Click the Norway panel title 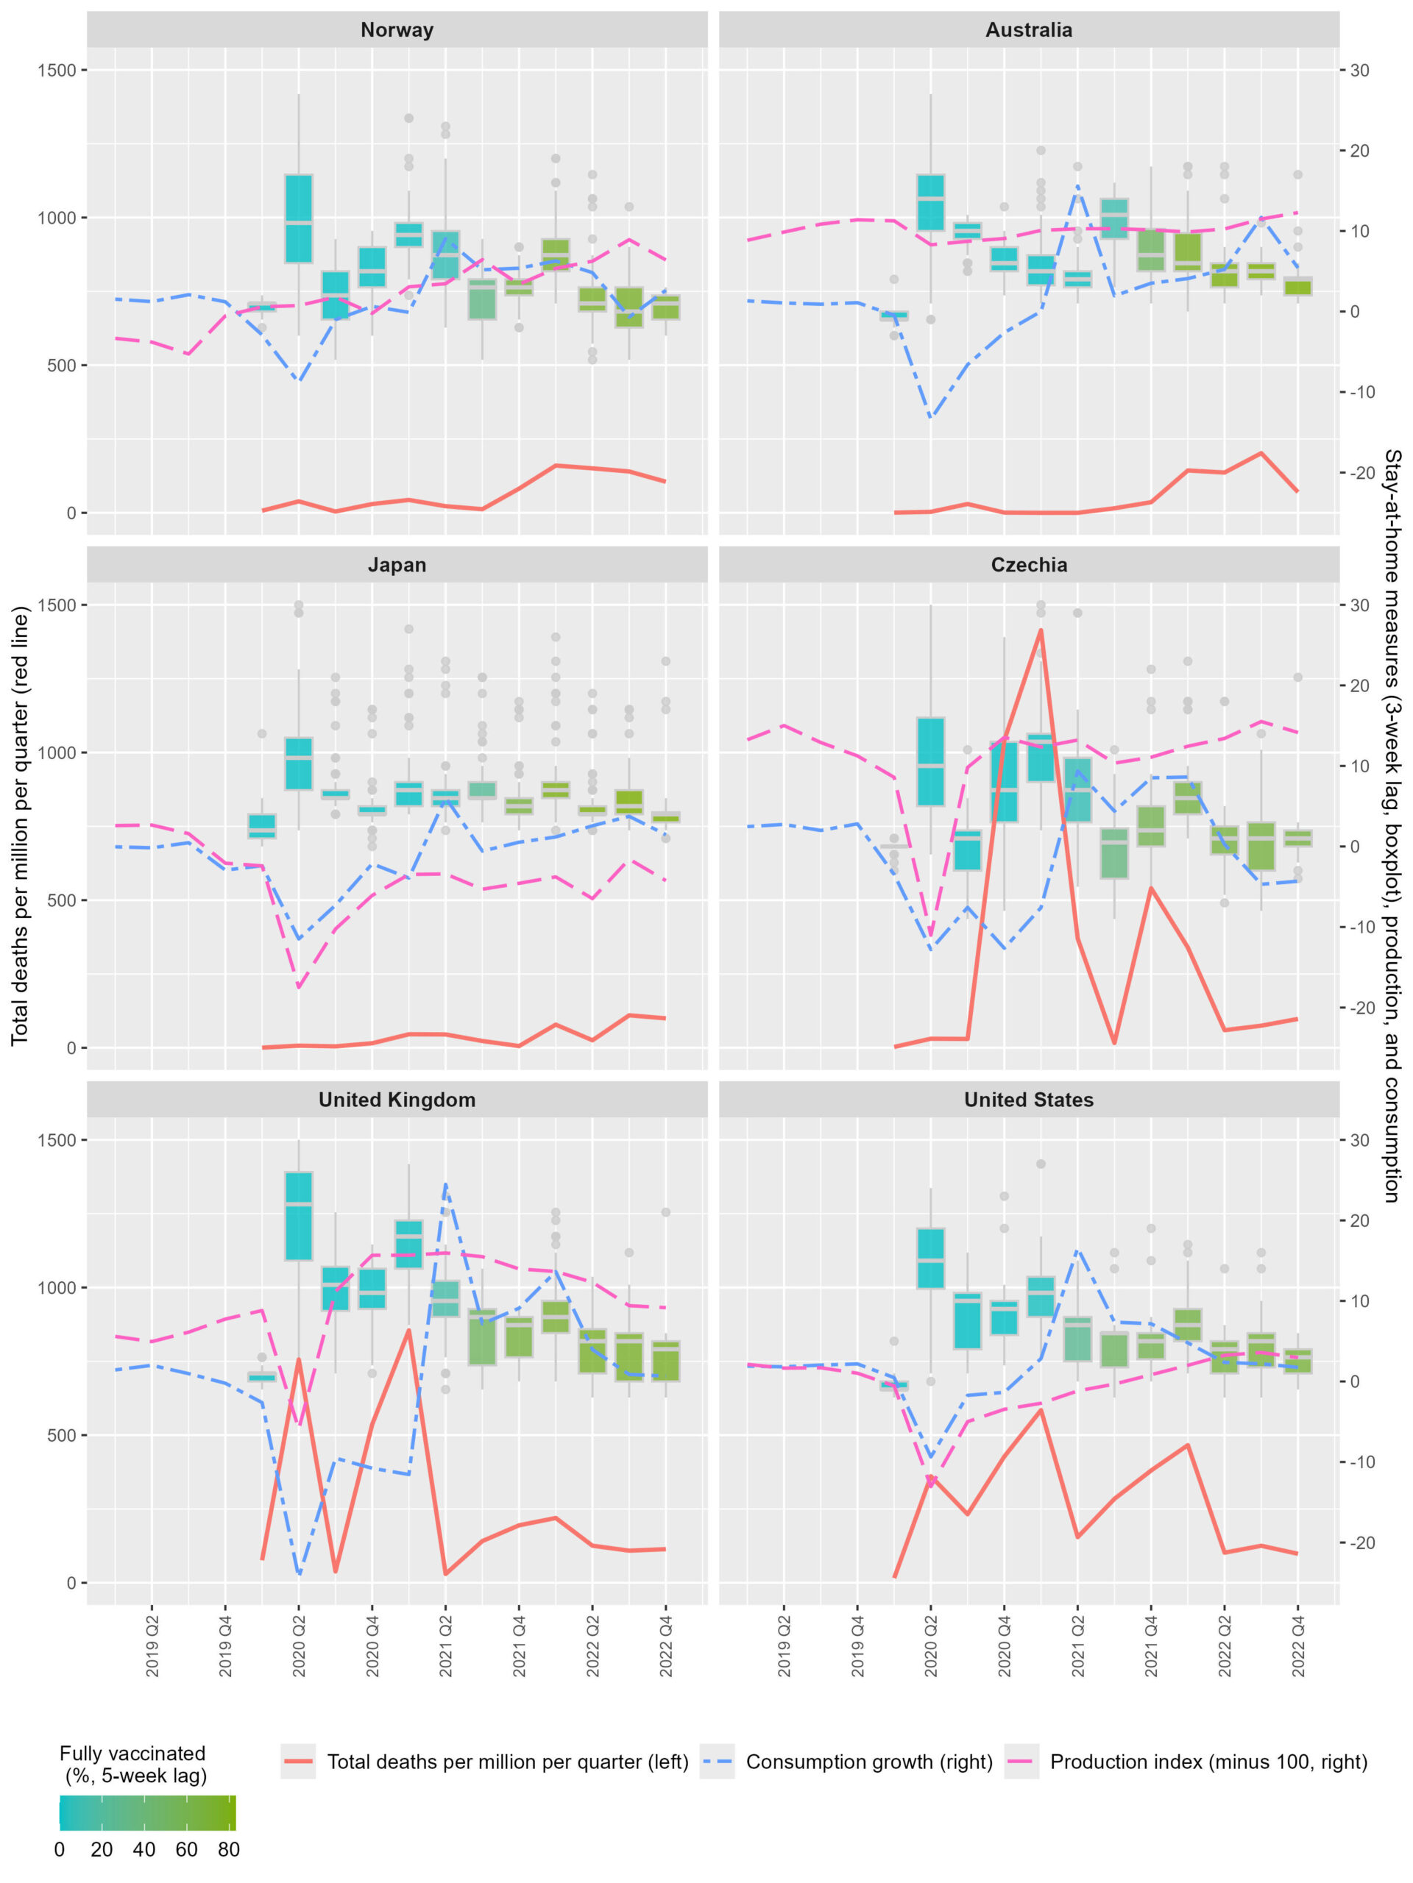click(397, 30)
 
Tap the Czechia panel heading click(1028, 564)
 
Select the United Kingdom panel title click(397, 1099)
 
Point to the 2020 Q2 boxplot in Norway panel click(298, 218)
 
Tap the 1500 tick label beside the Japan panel click(56, 605)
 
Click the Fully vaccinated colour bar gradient click(147, 1813)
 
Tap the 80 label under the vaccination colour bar click(228, 1849)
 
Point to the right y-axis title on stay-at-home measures click(1391, 826)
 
